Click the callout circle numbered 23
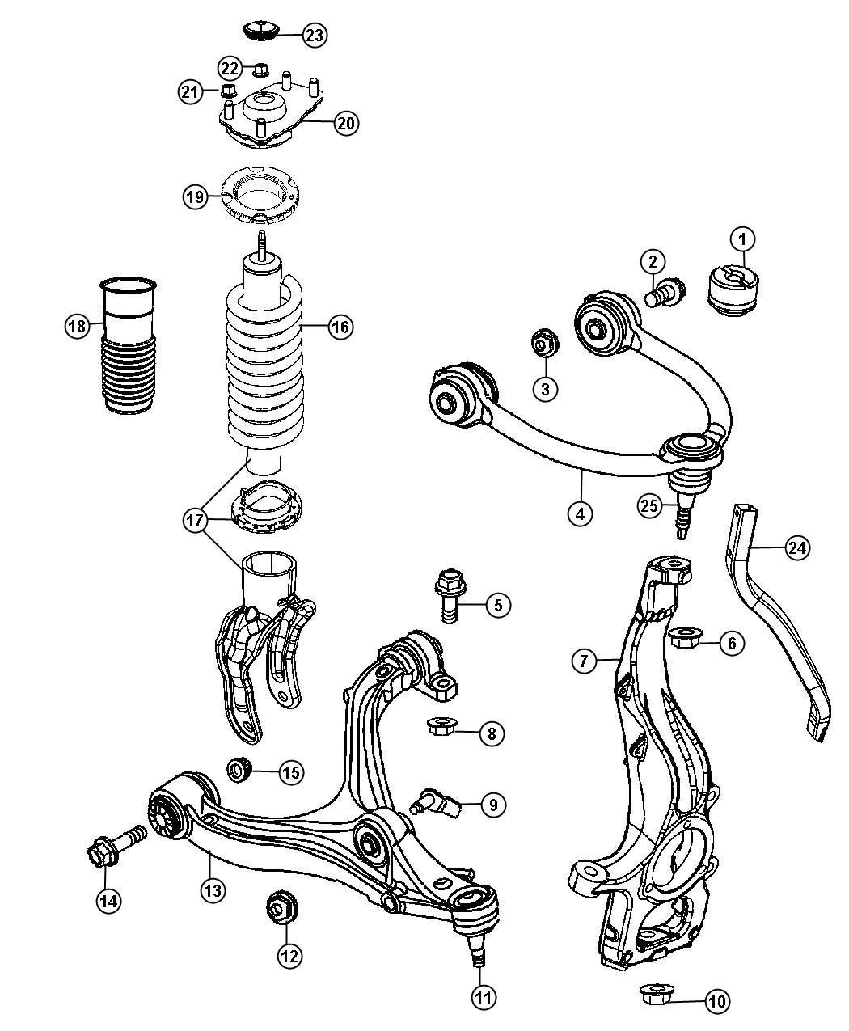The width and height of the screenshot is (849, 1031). pyautogui.click(x=315, y=35)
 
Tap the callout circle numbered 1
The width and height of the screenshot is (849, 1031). pyautogui.click(x=743, y=239)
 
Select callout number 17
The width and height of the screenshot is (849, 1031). pyautogui.click(x=195, y=520)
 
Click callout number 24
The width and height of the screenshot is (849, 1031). pyautogui.click(x=797, y=548)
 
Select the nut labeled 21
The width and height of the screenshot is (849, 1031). pyautogui.click(x=227, y=91)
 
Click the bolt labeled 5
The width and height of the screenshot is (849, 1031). pyautogui.click(x=450, y=595)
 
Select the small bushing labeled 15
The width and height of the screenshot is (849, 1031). pyautogui.click(x=239, y=770)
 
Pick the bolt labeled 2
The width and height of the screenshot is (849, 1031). pyautogui.click(x=665, y=293)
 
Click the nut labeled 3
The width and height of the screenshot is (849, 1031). pyautogui.click(x=545, y=341)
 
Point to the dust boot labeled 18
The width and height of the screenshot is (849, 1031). pyautogui.click(x=129, y=345)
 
